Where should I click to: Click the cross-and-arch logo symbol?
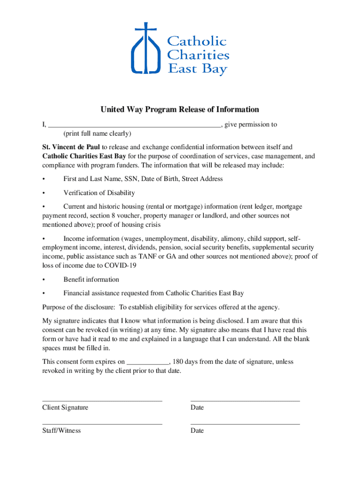tap(145, 49)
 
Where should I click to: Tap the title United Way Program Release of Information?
tap(180, 109)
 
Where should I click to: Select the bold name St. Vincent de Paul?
tap(71, 147)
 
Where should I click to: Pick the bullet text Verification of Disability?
tap(99, 193)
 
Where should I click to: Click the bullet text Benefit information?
tap(91, 279)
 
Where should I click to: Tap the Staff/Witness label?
tap(61, 430)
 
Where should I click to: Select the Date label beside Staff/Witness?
tap(197, 430)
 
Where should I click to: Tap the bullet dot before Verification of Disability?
tap(43, 193)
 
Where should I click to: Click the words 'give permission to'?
tap(251, 124)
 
